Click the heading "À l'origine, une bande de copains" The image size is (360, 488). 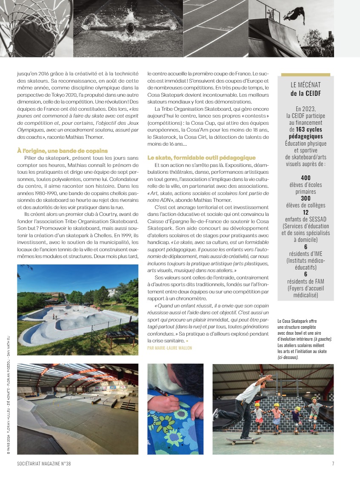point(62,151)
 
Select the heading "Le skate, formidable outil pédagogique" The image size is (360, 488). point(201,158)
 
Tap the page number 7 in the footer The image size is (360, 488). point(332,464)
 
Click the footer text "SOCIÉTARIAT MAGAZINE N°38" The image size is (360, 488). point(44,464)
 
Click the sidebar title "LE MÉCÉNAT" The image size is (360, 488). point(305,84)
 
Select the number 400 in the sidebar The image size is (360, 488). point(305,178)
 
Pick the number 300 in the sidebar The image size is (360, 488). point(305,198)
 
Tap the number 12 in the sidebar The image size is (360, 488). point(305,212)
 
